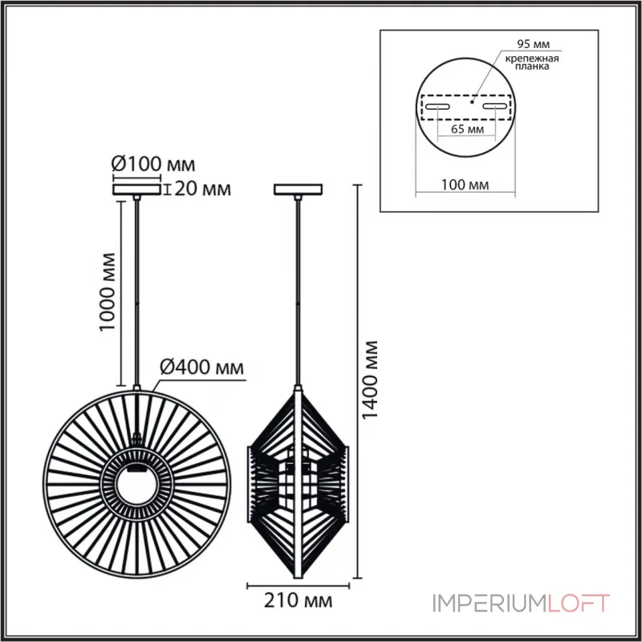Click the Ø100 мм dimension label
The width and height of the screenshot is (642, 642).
point(153,165)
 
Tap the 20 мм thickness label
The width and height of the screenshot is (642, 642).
point(203,189)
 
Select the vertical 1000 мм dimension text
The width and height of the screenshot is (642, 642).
point(107,292)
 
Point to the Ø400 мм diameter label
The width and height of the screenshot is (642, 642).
point(201,368)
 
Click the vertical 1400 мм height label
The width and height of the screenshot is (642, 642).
point(371,379)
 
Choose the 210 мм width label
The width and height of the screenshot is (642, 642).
point(298,600)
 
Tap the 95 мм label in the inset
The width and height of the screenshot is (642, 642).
point(533,44)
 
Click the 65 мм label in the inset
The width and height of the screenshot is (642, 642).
point(467,129)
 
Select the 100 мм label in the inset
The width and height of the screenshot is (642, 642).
point(465,185)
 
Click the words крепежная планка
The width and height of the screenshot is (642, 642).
point(532,63)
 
